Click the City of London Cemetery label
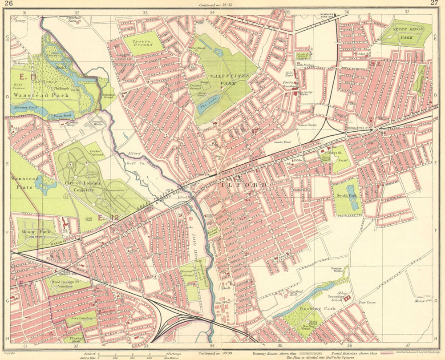[x=79, y=186]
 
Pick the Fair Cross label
[x=368, y=302]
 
